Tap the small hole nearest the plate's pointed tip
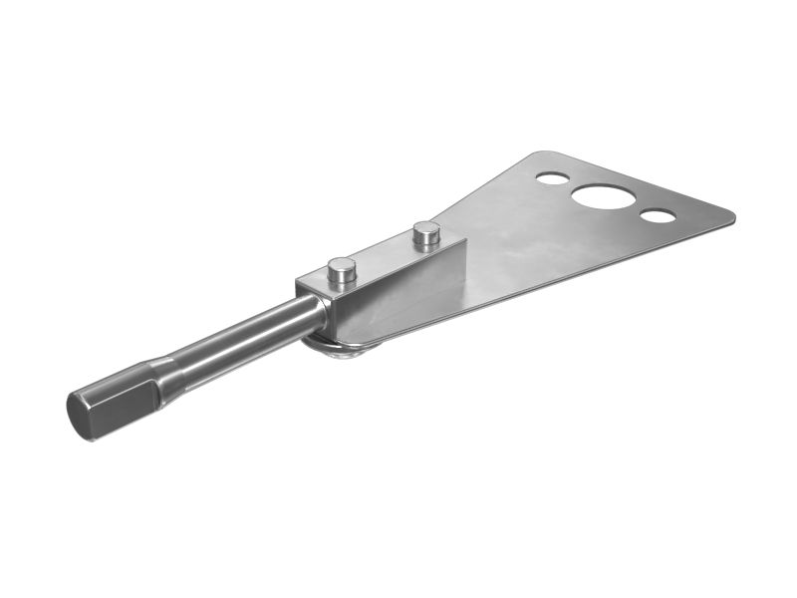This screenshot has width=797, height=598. point(658,216)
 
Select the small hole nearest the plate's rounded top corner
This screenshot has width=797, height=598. point(552,178)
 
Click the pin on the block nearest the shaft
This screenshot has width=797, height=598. point(342,269)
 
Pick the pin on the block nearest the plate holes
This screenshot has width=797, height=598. point(426,234)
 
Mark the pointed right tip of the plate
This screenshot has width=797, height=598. point(732,214)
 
